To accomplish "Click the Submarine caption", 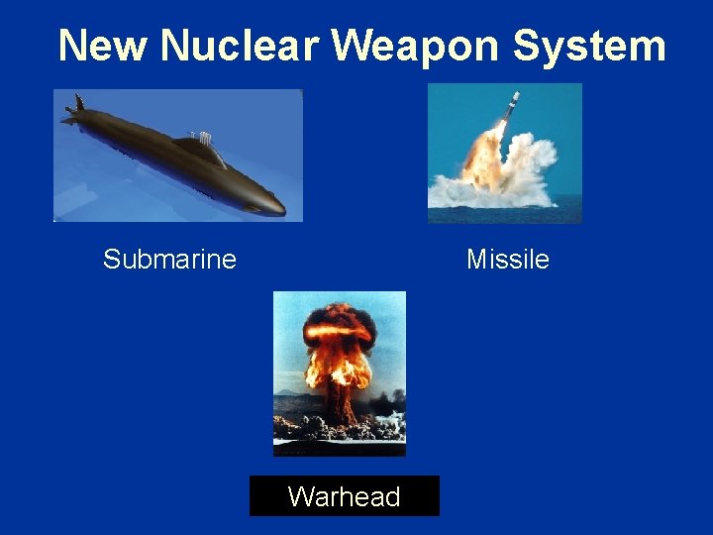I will pos(169,260).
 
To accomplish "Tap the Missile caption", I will pos(507,260).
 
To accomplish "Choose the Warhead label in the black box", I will pos(344,496).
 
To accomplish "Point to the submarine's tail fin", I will pos(75,105).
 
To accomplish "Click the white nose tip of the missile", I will pos(515,94).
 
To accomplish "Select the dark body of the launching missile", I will pos(508,110).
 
